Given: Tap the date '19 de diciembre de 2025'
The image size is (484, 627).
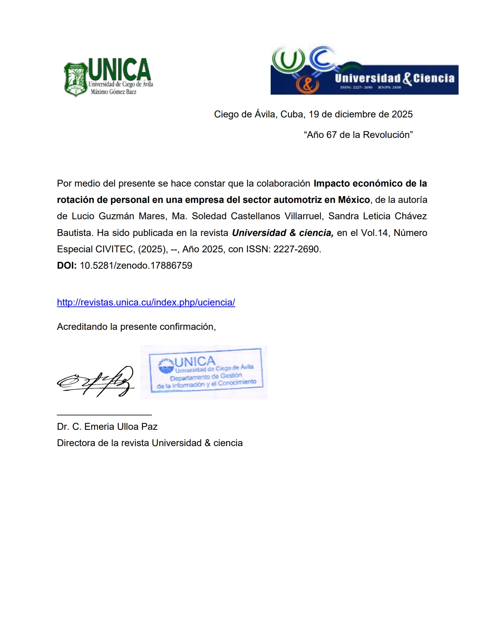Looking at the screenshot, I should click(x=361, y=114).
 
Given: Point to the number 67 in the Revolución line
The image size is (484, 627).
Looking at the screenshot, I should click(x=331, y=135).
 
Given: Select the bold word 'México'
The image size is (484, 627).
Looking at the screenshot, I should click(x=354, y=200).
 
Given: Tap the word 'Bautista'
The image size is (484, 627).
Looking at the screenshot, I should click(x=74, y=233).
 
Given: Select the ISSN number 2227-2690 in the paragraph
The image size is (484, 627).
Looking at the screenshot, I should click(x=297, y=249).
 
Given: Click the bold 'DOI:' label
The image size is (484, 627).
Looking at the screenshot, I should click(x=67, y=266).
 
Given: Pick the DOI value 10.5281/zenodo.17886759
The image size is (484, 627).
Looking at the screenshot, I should click(x=136, y=266).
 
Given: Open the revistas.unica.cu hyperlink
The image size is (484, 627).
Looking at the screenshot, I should click(x=146, y=302).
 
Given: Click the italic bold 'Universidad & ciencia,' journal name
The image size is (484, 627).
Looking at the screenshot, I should click(x=283, y=233).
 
